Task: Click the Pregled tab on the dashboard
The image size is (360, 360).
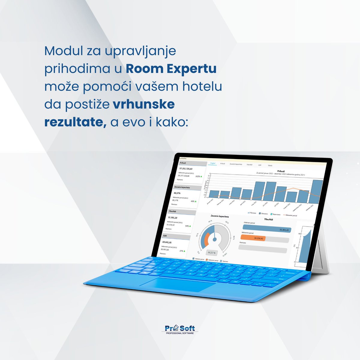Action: pyautogui.click(x=213, y=163)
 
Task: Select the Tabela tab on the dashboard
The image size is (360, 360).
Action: pyautogui.click(x=270, y=165)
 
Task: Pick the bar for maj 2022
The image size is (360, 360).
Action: pyautogui.click(x=259, y=190)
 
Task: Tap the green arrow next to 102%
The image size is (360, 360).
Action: pyautogui.click(x=201, y=177)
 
